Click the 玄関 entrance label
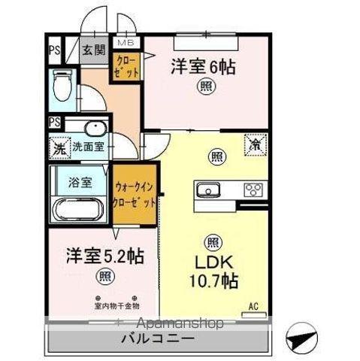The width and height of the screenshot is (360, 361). click(x=95, y=50)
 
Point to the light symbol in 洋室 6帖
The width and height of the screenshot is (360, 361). click(x=204, y=88)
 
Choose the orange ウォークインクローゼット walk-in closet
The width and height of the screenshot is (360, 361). click(x=136, y=195)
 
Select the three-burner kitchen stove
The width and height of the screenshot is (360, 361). click(x=252, y=189)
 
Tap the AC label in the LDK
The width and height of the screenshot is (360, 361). click(x=256, y=306)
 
